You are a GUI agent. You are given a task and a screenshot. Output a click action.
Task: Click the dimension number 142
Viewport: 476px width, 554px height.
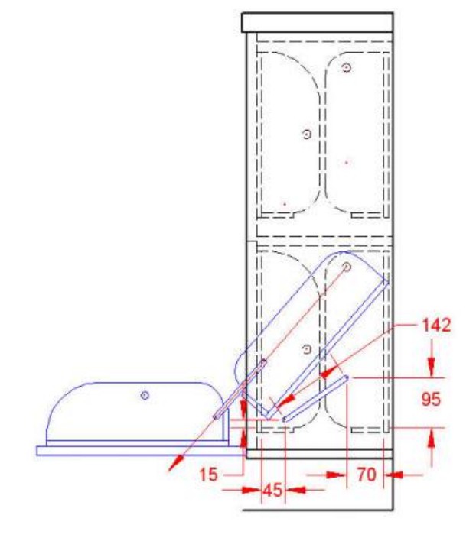(436, 325)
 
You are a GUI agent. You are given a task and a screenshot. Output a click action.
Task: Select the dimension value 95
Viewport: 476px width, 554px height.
(431, 399)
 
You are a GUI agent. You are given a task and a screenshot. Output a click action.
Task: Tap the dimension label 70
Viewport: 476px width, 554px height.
(367, 475)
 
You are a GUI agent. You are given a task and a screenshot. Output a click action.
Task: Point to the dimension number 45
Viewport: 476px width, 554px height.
(272, 490)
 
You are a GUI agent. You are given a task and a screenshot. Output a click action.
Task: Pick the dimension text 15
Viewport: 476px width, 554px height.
(208, 475)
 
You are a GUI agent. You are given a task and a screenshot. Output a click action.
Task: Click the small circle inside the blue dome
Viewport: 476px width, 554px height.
(145, 395)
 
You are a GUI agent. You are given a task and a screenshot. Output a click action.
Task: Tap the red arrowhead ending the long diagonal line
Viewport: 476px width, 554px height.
(176, 463)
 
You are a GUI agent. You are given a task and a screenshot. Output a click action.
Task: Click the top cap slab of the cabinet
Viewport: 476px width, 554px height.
(318, 23)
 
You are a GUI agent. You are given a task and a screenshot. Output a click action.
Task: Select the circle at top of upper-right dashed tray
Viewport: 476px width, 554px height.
(347, 67)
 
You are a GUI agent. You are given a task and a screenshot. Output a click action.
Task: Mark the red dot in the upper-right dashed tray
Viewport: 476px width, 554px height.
(347, 163)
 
